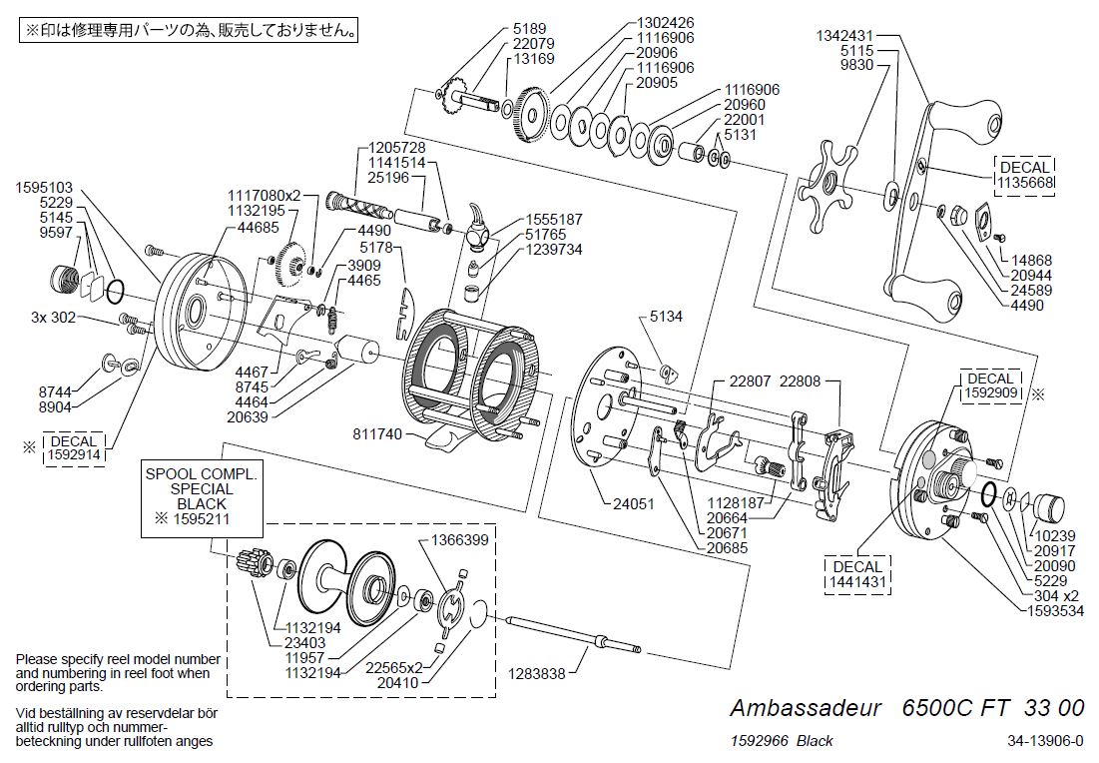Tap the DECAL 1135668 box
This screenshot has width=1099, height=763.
(x=1023, y=175)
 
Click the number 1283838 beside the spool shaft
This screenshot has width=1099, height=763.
(x=538, y=674)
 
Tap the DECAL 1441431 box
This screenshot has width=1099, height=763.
(x=856, y=574)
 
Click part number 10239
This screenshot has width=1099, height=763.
(x=1061, y=535)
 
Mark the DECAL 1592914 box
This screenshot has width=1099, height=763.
(x=74, y=448)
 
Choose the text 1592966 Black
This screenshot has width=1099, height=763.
(x=782, y=740)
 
